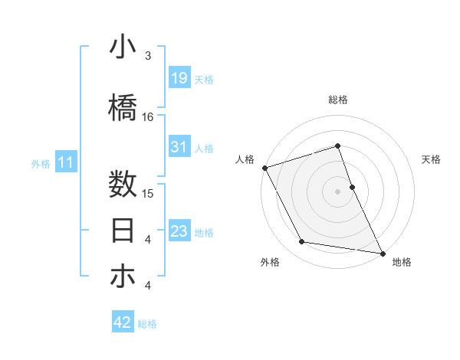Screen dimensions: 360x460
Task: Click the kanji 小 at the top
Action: click(123, 48)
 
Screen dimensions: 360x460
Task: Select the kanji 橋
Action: click(123, 109)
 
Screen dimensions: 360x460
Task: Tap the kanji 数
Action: click(123, 185)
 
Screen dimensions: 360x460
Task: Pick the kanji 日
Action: click(123, 231)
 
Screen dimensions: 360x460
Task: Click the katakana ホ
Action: click(123, 277)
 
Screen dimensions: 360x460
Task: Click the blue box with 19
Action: click(179, 78)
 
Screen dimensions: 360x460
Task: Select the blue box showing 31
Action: click(179, 147)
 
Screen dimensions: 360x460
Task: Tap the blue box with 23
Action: click(179, 231)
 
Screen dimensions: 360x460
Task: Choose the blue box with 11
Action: click(65, 162)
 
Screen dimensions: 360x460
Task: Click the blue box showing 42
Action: click(123, 322)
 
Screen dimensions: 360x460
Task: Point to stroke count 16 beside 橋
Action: click(148, 117)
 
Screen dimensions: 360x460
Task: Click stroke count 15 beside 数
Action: click(148, 193)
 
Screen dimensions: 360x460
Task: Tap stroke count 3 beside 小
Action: click(148, 56)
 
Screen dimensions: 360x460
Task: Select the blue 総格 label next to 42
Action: click(147, 324)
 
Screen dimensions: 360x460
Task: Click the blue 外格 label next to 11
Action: click(40, 163)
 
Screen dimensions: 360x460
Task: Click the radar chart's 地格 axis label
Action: click(402, 262)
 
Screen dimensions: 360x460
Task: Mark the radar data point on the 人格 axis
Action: click(264, 168)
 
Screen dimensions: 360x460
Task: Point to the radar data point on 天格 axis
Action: click(352, 186)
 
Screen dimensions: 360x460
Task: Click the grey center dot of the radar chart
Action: click(337, 191)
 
